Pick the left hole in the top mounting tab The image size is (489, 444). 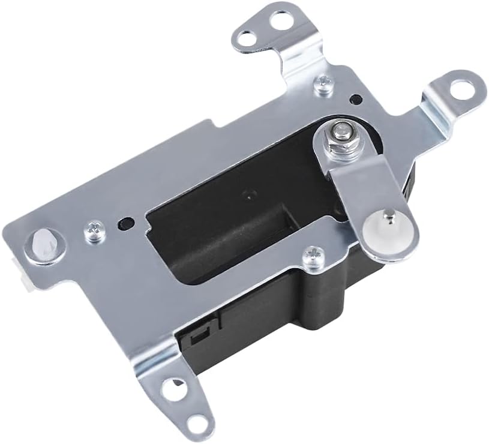(x=244, y=38)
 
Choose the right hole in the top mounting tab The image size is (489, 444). (x=279, y=20)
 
